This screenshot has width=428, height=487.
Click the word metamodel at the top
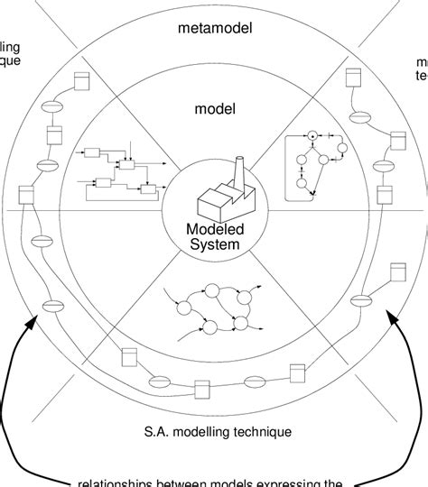215,29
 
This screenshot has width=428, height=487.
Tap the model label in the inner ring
214,109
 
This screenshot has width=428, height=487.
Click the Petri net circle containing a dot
313,136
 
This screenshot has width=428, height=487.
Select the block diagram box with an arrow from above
128,165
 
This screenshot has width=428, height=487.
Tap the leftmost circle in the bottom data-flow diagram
182,308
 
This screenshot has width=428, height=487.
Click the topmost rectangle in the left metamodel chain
79,81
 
